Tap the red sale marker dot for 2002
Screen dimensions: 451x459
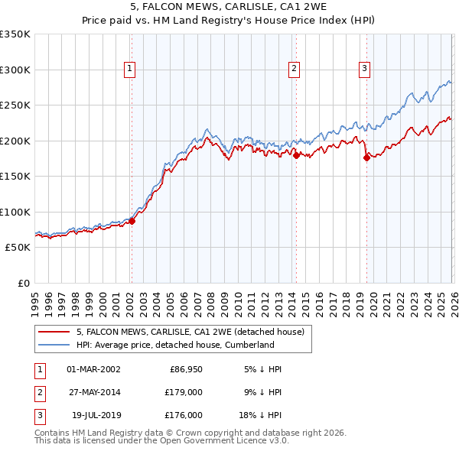(x=132, y=221)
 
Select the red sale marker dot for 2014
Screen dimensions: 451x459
(x=296, y=155)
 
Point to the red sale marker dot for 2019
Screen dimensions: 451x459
(x=366, y=157)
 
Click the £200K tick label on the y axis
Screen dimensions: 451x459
(x=15, y=141)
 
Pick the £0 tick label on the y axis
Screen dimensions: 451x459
(x=24, y=283)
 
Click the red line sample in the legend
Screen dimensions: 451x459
(x=54, y=332)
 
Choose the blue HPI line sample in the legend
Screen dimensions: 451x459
(x=54, y=345)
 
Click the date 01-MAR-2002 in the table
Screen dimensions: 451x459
(x=93, y=369)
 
